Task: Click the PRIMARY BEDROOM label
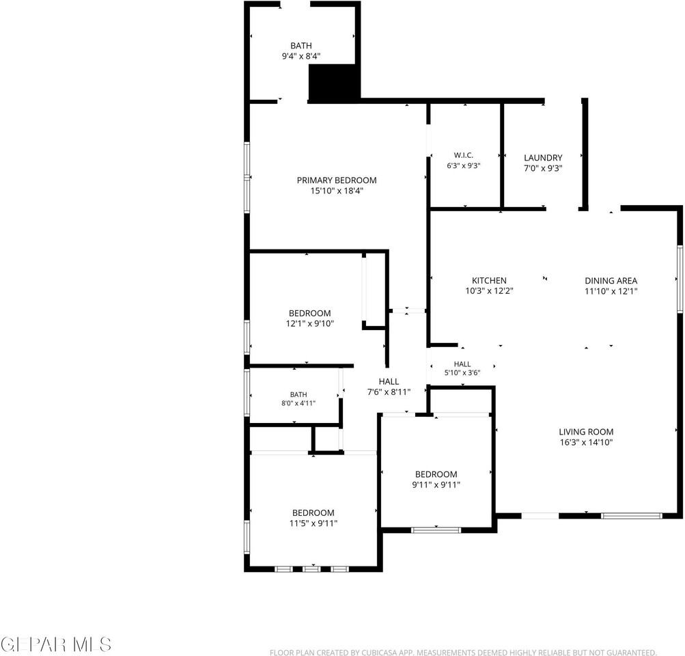337,180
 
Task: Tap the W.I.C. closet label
463,155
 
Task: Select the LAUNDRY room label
543,157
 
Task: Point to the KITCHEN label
489,281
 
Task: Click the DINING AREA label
611,281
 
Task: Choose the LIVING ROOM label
586,432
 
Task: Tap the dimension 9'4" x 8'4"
301,56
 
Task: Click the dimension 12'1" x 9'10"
310,323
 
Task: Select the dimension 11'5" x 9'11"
313,523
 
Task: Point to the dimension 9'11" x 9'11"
436,484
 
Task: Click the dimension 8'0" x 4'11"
298,403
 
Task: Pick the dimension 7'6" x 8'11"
389,392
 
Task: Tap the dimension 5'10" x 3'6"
462,373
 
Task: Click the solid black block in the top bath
334,83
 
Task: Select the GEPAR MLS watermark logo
56,644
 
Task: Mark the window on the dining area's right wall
680,279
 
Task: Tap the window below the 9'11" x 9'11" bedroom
436,530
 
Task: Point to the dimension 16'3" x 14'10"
586,442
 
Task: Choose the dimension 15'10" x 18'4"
337,191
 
